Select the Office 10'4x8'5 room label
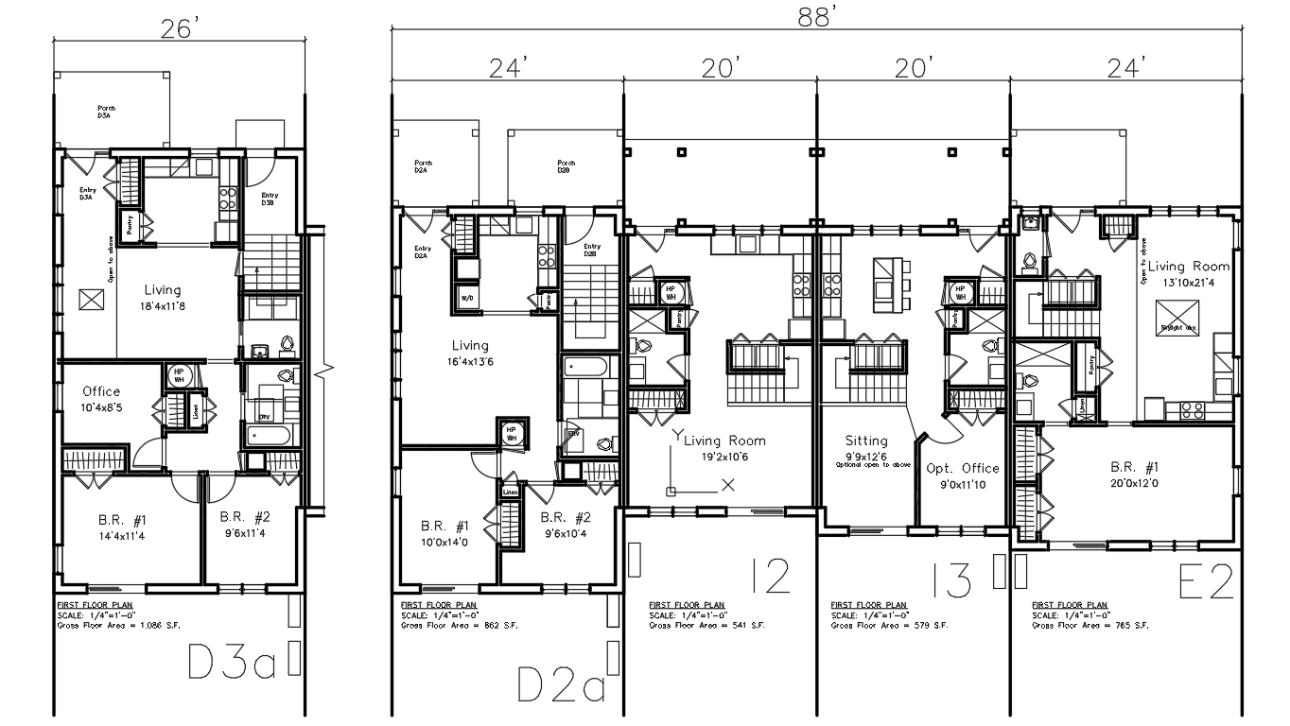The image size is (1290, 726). click(x=101, y=399)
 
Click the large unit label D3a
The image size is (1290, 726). click(x=232, y=664)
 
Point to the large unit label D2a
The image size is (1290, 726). click(x=562, y=684)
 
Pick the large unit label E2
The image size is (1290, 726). click(x=1207, y=583)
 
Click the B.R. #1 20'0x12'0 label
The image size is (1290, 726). click(x=1136, y=475)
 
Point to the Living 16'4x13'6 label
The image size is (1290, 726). click(x=470, y=354)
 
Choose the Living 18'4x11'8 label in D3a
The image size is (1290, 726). click(x=163, y=298)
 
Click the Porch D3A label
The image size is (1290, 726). click(x=106, y=112)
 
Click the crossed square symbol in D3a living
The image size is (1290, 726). click(x=91, y=300)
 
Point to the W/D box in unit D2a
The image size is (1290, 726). click(x=467, y=296)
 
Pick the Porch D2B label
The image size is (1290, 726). click(x=566, y=167)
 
